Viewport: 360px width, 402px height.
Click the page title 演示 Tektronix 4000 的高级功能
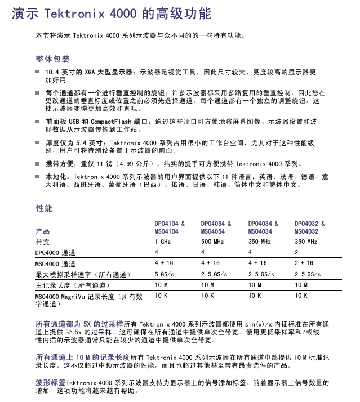pyautogui.click(x=111, y=13)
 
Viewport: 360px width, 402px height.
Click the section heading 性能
pyautogui.click(x=44, y=208)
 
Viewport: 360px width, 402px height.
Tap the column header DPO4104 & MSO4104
pyautogui.click(x=170, y=227)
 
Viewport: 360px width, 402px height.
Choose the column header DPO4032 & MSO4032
pyautogui.click(x=309, y=227)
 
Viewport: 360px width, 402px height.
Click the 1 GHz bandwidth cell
pyautogui.click(x=163, y=242)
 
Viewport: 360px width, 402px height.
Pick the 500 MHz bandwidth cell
pyautogui.click(x=212, y=242)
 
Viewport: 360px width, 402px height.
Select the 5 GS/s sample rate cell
pyautogui.click(x=165, y=274)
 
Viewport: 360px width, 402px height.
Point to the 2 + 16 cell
pyautogui.click(x=304, y=263)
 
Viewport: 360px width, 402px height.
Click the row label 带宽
pyautogui.click(x=42, y=242)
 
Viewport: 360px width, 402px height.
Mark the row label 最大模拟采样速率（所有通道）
pyautogui.click(x=82, y=274)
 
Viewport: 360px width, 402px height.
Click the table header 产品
pyautogui.click(x=42, y=231)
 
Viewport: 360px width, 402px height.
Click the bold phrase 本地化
pyautogui.click(x=56, y=177)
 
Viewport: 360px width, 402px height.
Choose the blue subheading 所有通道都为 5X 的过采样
pyautogui.click(x=79, y=325)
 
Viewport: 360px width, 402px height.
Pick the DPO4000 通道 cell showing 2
pyautogui.click(x=296, y=252)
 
